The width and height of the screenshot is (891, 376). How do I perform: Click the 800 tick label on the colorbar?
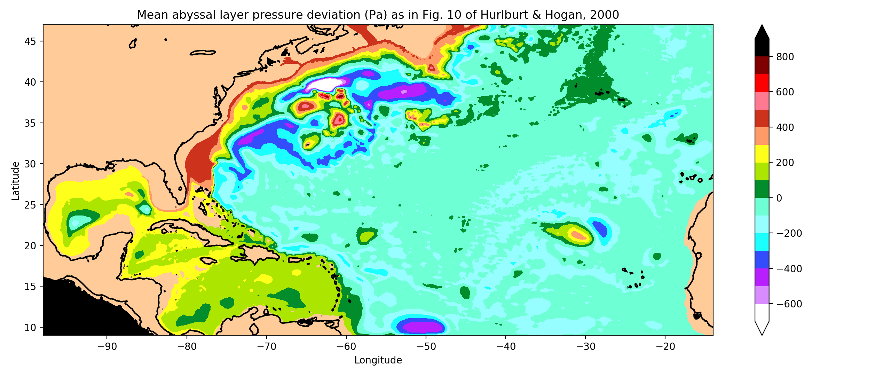click(x=785, y=57)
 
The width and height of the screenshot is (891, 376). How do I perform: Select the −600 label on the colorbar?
click(x=789, y=304)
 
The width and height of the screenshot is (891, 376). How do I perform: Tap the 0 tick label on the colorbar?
click(x=779, y=198)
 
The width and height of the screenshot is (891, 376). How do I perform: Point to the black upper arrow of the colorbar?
click(x=762, y=32)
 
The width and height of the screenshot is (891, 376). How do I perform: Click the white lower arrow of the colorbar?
click(x=762, y=327)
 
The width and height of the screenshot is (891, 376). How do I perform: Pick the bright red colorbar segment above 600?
click(x=762, y=83)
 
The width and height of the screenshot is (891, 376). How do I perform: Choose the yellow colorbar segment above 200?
click(x=762, y=154)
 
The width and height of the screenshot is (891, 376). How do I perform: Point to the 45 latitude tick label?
click(x=30, y=41)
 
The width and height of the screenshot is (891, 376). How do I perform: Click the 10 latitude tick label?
click(x=30, y=327)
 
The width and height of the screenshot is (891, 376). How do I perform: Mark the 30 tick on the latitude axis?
click(x=30, y=164)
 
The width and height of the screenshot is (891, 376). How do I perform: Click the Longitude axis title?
click(x=378, y=360)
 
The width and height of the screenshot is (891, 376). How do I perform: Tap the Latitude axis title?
click(x=16, y=180)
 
